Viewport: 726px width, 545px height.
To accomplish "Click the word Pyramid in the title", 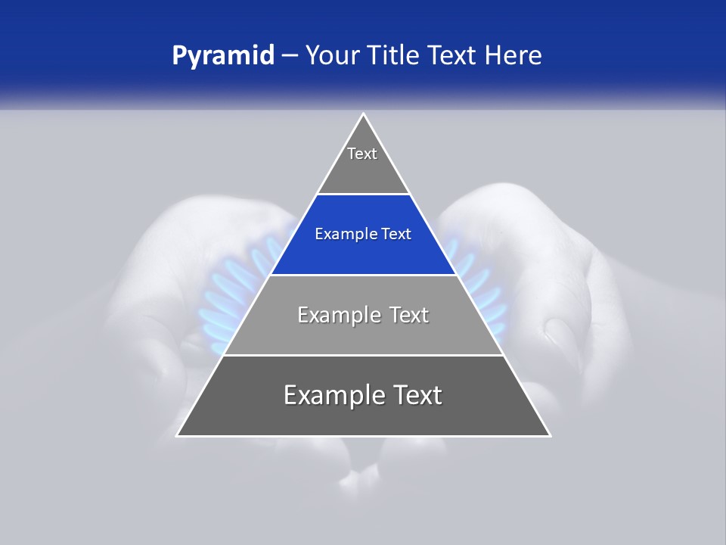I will pyautogui.click(x=223, y=56).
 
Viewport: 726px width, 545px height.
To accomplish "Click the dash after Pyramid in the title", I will pyautogui.click(x=289, y=56).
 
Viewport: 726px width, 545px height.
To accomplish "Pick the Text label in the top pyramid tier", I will pyautogui.click(x=362, y=154).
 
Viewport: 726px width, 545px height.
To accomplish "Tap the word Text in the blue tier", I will pyautogui.click(x=396, y=234).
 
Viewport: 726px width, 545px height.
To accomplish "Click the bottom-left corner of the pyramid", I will pyautogui.click(x=178, y=435).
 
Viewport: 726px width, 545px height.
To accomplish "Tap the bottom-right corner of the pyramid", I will pyautogui.click(x=550, y=435).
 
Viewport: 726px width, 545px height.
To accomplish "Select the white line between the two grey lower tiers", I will pyautogui.click(x=363, y=355).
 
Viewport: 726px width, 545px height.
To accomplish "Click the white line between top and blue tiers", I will pyautogui.click(x=363, y=195).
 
